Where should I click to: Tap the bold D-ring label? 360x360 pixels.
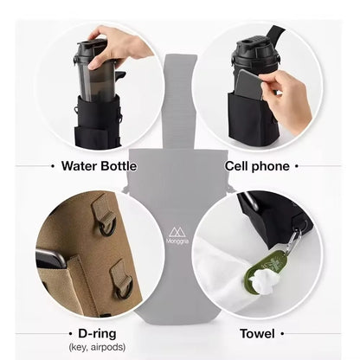(94, 333)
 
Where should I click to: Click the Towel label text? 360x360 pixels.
(258, 333)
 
